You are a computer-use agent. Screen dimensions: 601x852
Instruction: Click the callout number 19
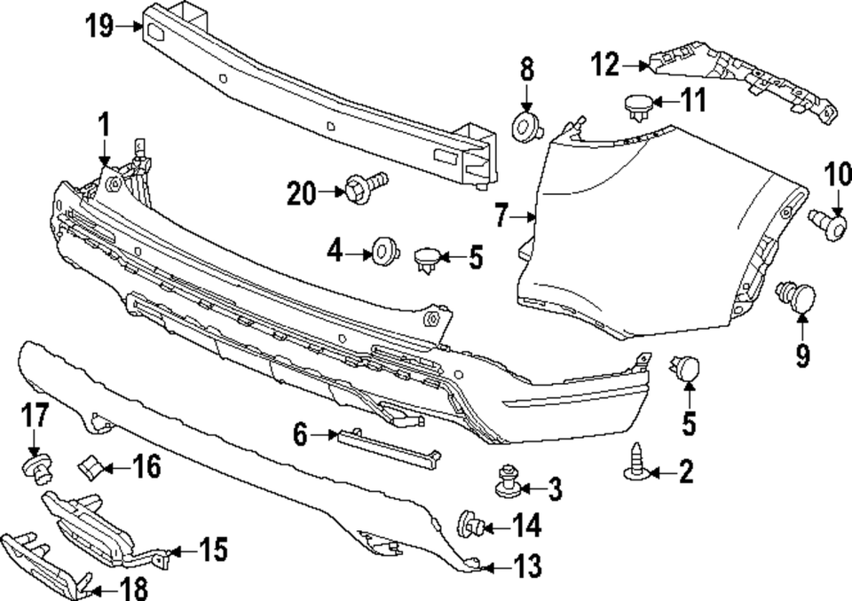[x=100, y=27]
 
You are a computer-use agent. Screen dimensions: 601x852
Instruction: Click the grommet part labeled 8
[x=527, y=126]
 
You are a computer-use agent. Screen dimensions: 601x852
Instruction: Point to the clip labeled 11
[x=636, y=105]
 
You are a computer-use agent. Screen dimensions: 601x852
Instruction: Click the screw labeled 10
[x=832, y=223]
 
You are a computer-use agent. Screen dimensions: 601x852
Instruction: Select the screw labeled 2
[x=636, y=464]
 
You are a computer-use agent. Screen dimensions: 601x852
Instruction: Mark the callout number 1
[x=104, y=123]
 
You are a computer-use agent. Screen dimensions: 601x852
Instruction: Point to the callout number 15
[x=211, y=550]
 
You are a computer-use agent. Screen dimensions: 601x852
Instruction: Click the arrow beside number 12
[x=636, y=65]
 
